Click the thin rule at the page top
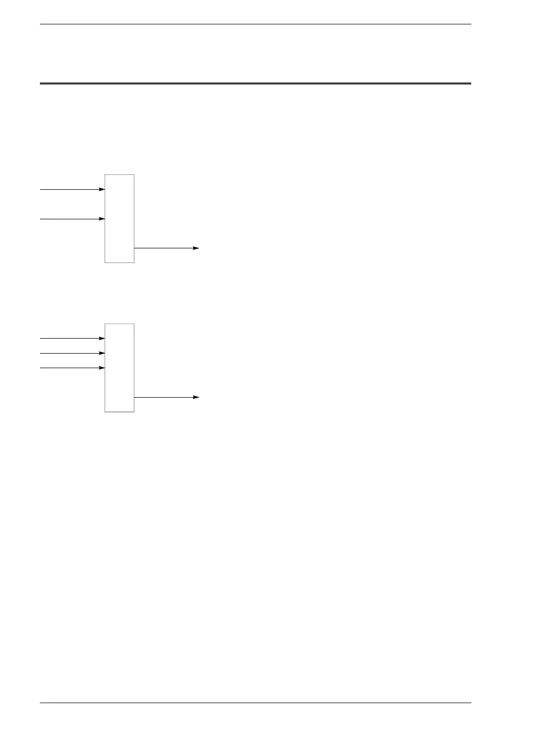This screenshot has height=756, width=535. [256, 24]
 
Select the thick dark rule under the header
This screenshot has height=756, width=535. [256, 83]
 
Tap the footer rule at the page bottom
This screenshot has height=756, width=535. [256, 703]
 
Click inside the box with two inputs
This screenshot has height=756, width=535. [119, 218]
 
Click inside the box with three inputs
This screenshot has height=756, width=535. [119, 368]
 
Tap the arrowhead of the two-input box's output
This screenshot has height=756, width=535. [196, 248]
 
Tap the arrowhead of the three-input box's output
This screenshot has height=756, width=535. [196, 397]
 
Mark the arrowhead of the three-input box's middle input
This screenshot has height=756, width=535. [102, 353]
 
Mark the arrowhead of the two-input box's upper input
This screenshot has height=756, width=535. [102, 189]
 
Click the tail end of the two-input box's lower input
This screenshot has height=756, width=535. [41, 219]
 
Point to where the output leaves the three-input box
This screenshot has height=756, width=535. [134, 397]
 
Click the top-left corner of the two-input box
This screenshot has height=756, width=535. [105, 175]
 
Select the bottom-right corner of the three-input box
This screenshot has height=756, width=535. [134, 412]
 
